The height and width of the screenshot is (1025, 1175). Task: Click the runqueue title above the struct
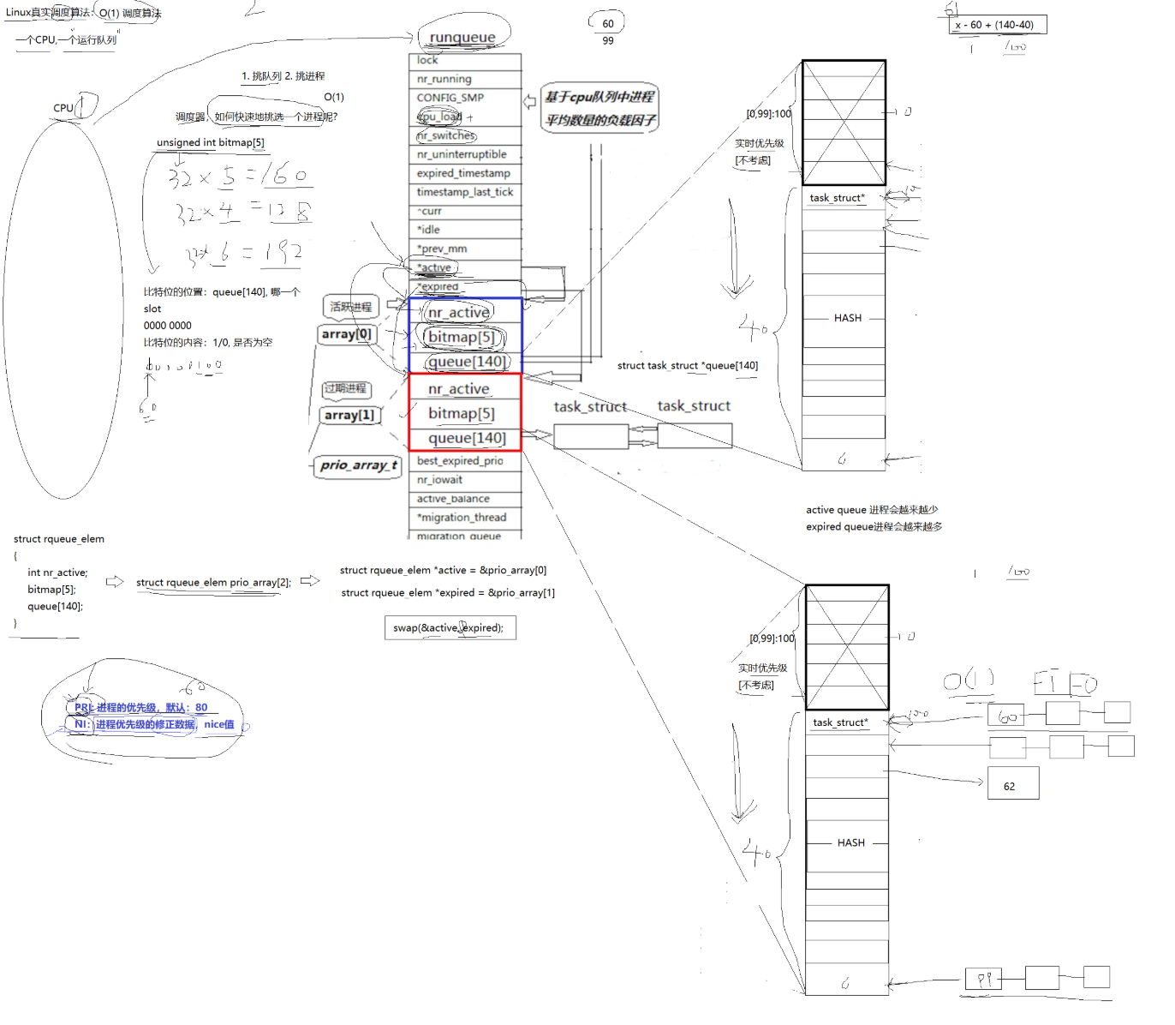tap(462, 37)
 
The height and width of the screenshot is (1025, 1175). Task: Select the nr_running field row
tap(444, 79)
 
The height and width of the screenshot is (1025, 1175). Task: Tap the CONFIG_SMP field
tap(450, 98)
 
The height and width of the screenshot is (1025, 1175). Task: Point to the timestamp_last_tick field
tap(465, 192)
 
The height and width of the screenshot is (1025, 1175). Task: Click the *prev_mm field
tap(442, 249)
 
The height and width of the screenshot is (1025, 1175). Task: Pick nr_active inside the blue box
tap(459, 313)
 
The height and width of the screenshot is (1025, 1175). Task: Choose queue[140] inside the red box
tap(467, 438)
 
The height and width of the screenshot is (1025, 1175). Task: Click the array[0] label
tap(347, 334)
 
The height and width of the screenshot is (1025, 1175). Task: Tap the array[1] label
tap(349, 416)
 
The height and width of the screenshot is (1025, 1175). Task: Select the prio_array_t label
tap(358, 465)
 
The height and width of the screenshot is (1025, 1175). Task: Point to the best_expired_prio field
tap(460, 461)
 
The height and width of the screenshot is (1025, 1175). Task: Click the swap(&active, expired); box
tap(450, 628)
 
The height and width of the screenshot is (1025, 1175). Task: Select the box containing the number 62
tap(1012, 784)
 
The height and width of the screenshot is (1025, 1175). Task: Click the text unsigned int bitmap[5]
tap(211, 142)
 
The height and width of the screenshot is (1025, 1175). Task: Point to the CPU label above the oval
tap(63, 108)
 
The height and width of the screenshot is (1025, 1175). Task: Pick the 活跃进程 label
tap(351, 307)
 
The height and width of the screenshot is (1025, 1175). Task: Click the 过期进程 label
tap(346, 389)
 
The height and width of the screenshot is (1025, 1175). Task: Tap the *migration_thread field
tap(462, 518)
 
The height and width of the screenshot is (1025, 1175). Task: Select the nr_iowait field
tap(439, 480)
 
